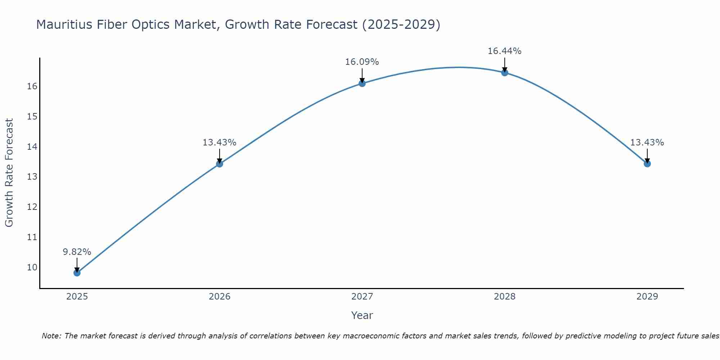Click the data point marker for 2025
tap(77, 273)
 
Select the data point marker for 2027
tap(362, 84)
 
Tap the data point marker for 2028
tap(505, 73)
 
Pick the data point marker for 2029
tap(647, 164)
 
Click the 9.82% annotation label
tap(77, 252)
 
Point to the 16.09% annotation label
tap(362, 62)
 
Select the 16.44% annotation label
tap(505, 51)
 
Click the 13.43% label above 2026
tap(220, 143)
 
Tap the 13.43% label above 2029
tap(647, 143)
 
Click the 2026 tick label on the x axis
tap(220, 297)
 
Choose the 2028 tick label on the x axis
tap(505, 297)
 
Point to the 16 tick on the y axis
tap(32, 86)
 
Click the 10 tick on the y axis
tap(32, 267)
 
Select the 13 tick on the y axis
tap(32, 177)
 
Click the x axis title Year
tap(362, 315)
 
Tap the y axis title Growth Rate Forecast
tap(9, 173)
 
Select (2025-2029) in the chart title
tap(401, 24)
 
